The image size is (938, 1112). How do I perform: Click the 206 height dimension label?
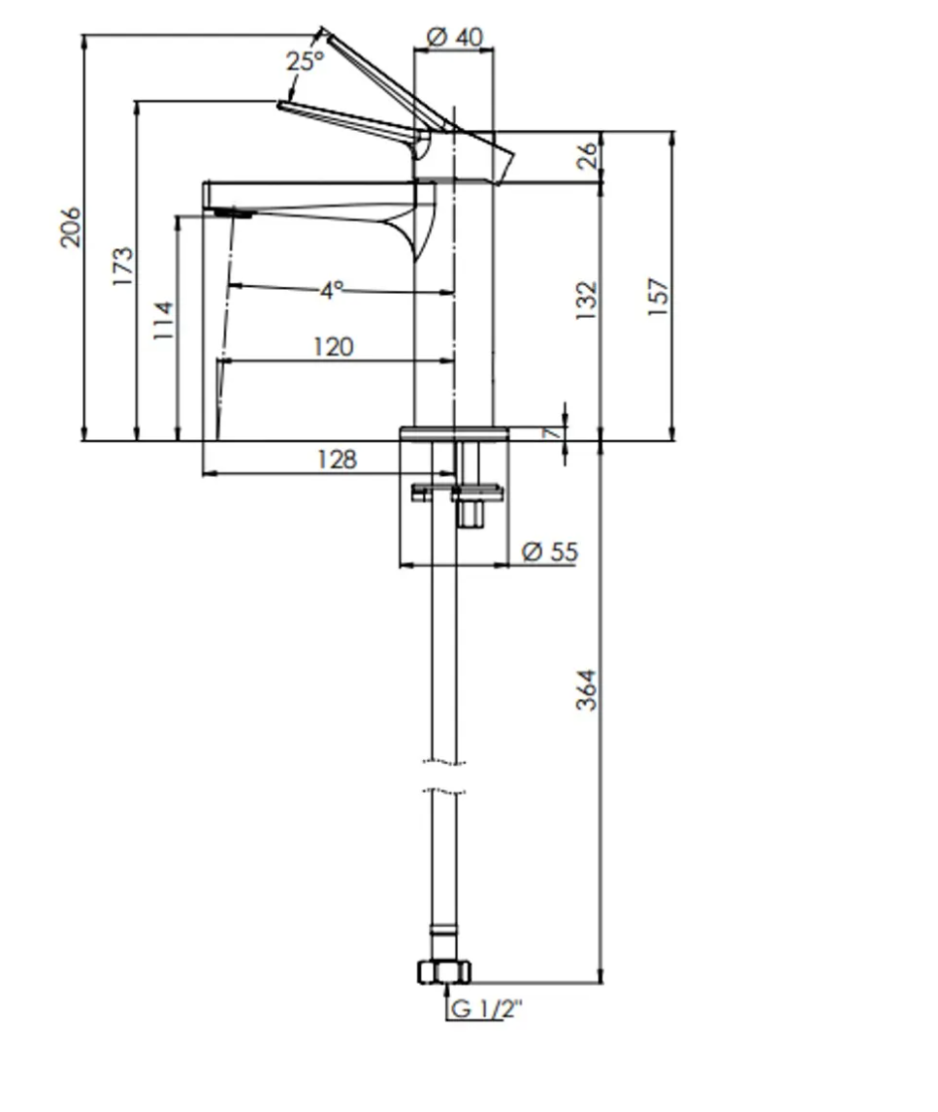(x=70, y=228)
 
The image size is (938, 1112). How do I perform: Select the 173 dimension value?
(x=123, y=266)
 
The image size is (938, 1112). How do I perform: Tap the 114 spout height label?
(x=163, y=321)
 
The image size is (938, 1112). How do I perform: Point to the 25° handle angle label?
(x=306, y=61)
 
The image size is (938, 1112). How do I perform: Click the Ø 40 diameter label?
(x=455, y=37)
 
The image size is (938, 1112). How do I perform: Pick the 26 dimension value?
(x=587, y=156)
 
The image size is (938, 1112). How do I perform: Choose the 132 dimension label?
(x=586, y=301)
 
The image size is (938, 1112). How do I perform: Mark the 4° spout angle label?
(x=332, y=290)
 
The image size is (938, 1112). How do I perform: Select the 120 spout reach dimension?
(x=334, y=347)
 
